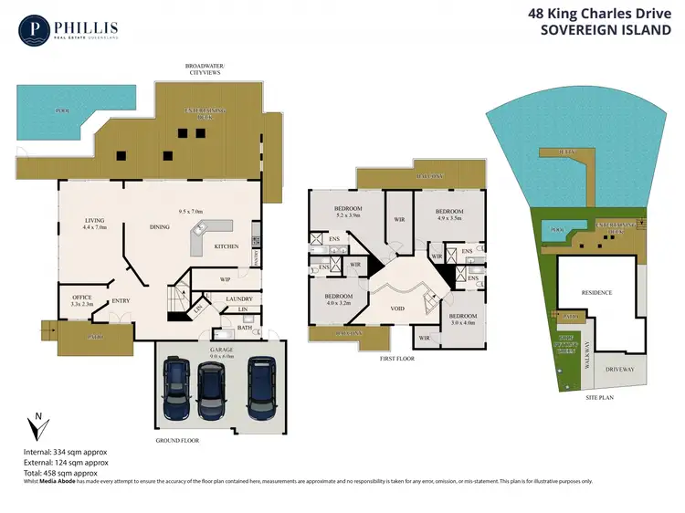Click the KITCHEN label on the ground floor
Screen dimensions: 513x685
227,246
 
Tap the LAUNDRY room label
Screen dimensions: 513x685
238,298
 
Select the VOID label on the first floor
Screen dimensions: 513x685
398,309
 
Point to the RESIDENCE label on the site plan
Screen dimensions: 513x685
596,292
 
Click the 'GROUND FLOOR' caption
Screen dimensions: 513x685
177,440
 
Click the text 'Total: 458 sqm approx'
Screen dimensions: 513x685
59,473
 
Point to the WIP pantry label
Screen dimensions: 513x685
224,279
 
